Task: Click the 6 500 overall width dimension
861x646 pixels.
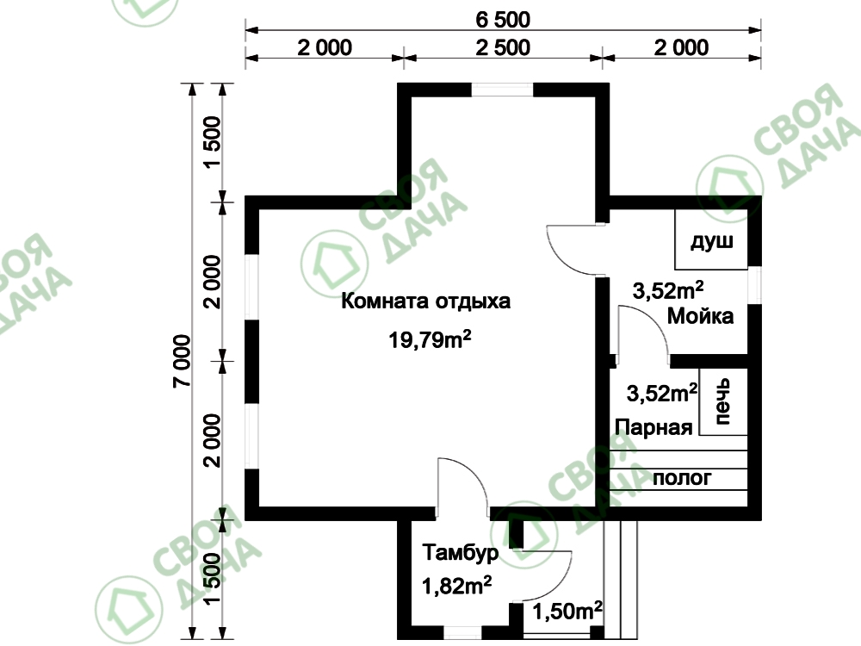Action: [503, 20]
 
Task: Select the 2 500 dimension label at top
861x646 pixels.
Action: [503, 47]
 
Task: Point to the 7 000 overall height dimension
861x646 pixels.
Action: [183, 361]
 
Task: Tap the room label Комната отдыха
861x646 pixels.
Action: [425, 301]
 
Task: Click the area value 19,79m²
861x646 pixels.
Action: [430, 339]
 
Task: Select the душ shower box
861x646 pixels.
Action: [711, 239]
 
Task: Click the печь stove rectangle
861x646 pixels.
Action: [723, 401]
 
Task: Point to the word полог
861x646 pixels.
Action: [682, 478]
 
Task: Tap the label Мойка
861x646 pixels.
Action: [700, 316]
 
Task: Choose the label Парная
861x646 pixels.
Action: [653, 427]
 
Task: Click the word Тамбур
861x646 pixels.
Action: [461, 552]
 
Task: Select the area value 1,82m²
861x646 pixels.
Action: [456, 586]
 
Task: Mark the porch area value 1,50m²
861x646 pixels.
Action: [567, 611]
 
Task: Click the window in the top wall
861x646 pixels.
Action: [503, 90]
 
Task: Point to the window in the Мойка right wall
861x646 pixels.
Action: [755, 285]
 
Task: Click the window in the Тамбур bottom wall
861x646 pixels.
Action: [463, 633]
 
